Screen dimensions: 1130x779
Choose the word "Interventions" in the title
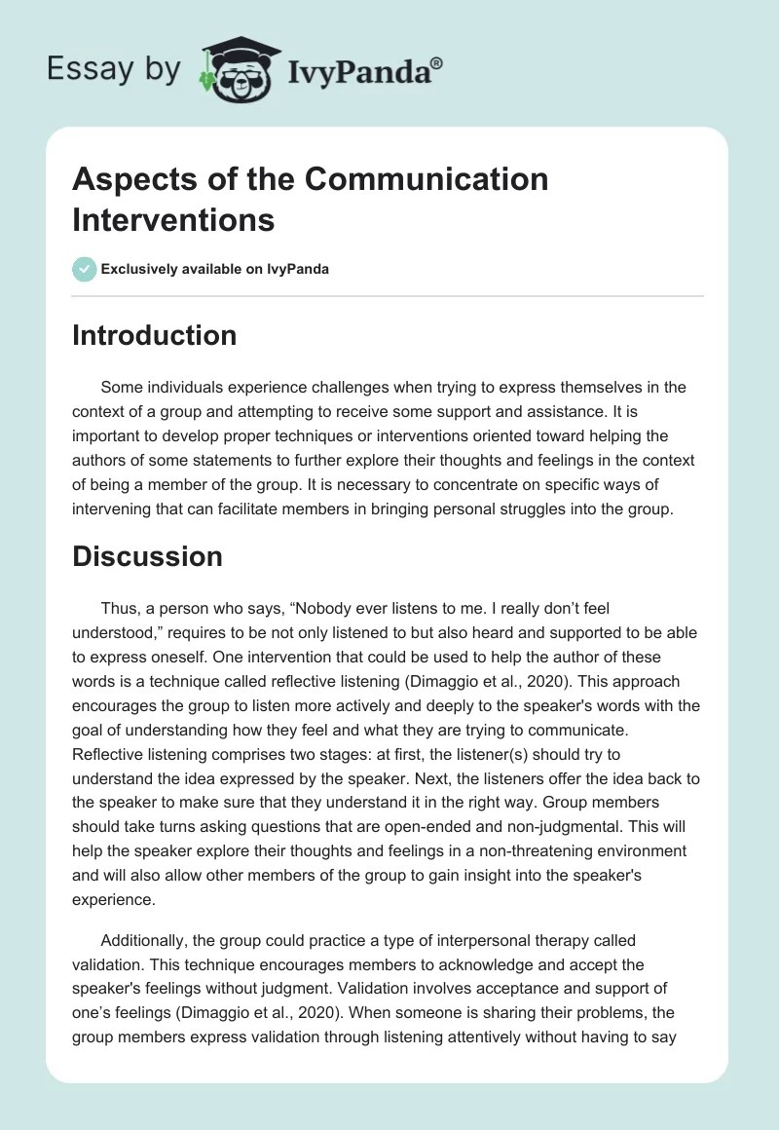[173, 219]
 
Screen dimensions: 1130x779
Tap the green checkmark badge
[85, 269]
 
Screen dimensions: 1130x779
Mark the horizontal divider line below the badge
[388, 296]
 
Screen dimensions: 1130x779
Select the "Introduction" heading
[154, 336]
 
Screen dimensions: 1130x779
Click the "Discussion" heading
[147, 556]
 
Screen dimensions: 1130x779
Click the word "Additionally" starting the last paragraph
[146, 940]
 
